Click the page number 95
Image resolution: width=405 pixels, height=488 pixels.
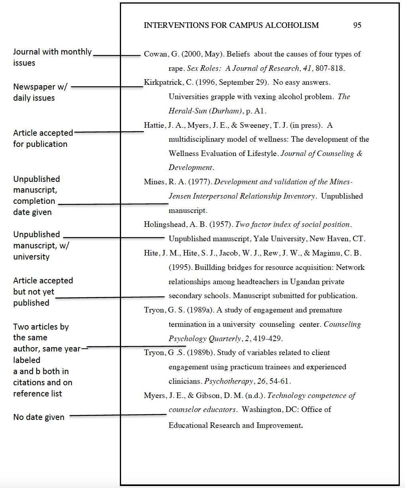[357, 25]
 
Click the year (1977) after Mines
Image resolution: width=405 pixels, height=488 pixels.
[201, 182]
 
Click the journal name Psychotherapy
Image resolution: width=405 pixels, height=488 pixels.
[229, 381]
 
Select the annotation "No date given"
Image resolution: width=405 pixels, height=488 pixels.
[39, 417]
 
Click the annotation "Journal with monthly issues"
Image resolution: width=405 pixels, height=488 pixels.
[52, 57]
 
